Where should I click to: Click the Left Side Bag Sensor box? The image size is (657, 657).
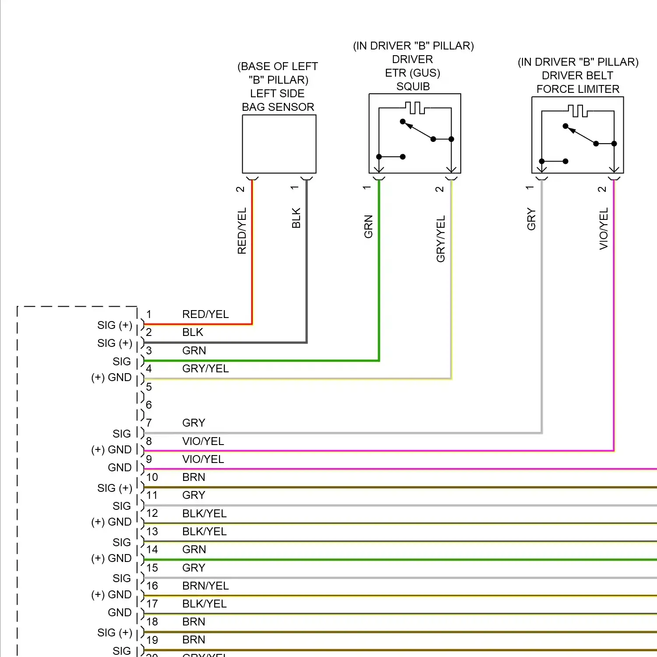tap(279, 144)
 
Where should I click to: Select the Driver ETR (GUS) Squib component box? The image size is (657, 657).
tap(414, 133)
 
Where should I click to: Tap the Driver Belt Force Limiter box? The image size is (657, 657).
tap(577, 135)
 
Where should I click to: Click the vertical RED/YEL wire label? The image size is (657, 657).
tap(242, 231)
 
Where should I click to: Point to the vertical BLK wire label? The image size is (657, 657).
tap(296, 218)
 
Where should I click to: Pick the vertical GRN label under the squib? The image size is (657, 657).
tap(368, 226)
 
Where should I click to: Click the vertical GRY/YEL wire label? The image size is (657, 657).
tap(441, 239)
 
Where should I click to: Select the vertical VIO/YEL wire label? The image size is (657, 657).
tap(604, 229)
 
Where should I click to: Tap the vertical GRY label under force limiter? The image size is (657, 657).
tap(531, 219)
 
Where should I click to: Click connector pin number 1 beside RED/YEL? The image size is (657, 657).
tap(149, 314)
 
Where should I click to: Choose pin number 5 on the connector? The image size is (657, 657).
tap(149, 387)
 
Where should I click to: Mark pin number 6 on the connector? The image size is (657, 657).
tap(149, 405)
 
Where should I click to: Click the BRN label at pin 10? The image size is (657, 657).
tap(194, 477)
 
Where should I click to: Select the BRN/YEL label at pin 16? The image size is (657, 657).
tap(205, 586)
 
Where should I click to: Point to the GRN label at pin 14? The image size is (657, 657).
tap(194, 549)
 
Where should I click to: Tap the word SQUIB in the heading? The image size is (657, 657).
tap(413, 86)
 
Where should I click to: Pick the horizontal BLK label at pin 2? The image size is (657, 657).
tap(193, 332)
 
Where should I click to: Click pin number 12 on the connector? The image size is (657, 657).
tap(152, 513)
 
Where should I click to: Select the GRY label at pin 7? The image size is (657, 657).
tap(194, 423)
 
